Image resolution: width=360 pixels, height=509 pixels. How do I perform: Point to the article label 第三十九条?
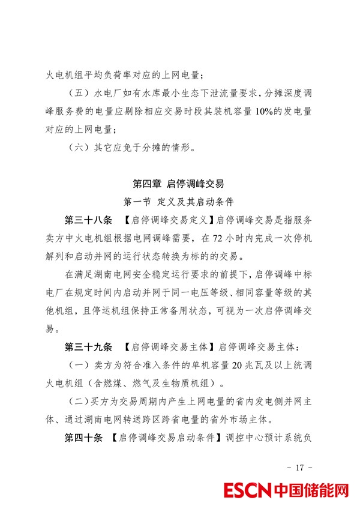coord(88,348)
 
